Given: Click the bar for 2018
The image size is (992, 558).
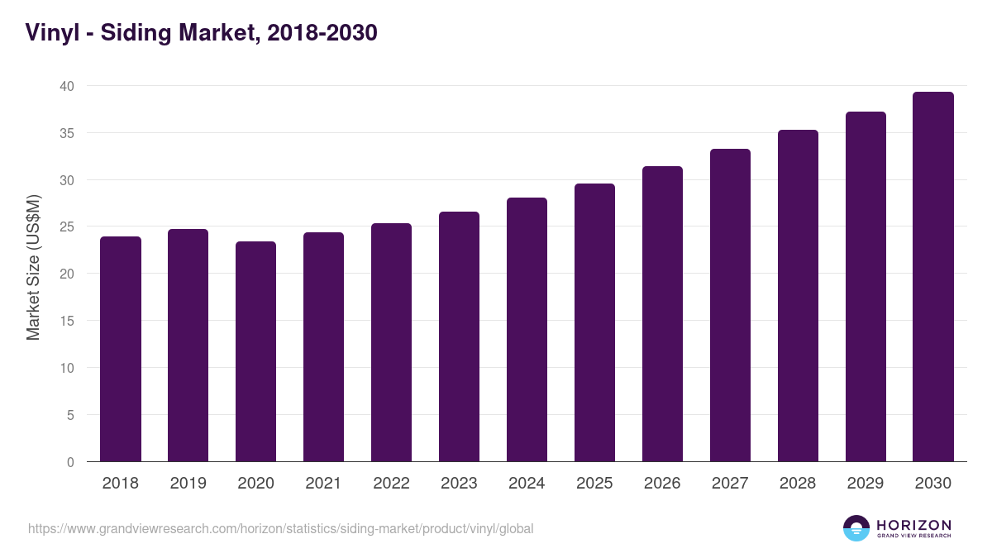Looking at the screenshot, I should [x=121, y=349].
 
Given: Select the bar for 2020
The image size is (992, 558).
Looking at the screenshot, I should [x=255, y=351].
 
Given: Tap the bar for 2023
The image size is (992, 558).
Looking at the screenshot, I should [x=459, y=336].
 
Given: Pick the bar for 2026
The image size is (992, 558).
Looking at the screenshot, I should [x=662, y=314].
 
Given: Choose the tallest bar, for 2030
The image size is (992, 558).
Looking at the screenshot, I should [x=933, y=277].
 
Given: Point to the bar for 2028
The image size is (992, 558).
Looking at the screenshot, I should [x=798, y=296].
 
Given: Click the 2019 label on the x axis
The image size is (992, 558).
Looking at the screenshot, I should [x=188, y=484].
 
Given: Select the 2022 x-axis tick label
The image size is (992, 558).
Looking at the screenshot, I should [x=391, y=484].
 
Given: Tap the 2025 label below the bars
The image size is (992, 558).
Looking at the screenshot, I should [x=594, y=484].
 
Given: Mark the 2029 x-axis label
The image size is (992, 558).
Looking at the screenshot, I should [x=866, y=484].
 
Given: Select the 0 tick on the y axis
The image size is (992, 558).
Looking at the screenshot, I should [x=70, y=462].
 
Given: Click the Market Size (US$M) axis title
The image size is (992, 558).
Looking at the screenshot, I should [x=34, y=267].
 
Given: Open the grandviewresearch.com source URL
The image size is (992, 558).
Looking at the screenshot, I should [x=281, y=528].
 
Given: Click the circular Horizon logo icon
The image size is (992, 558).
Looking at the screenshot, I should [x=856, y=528].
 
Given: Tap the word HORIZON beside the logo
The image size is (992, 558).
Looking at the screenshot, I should [x=913, y=525].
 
